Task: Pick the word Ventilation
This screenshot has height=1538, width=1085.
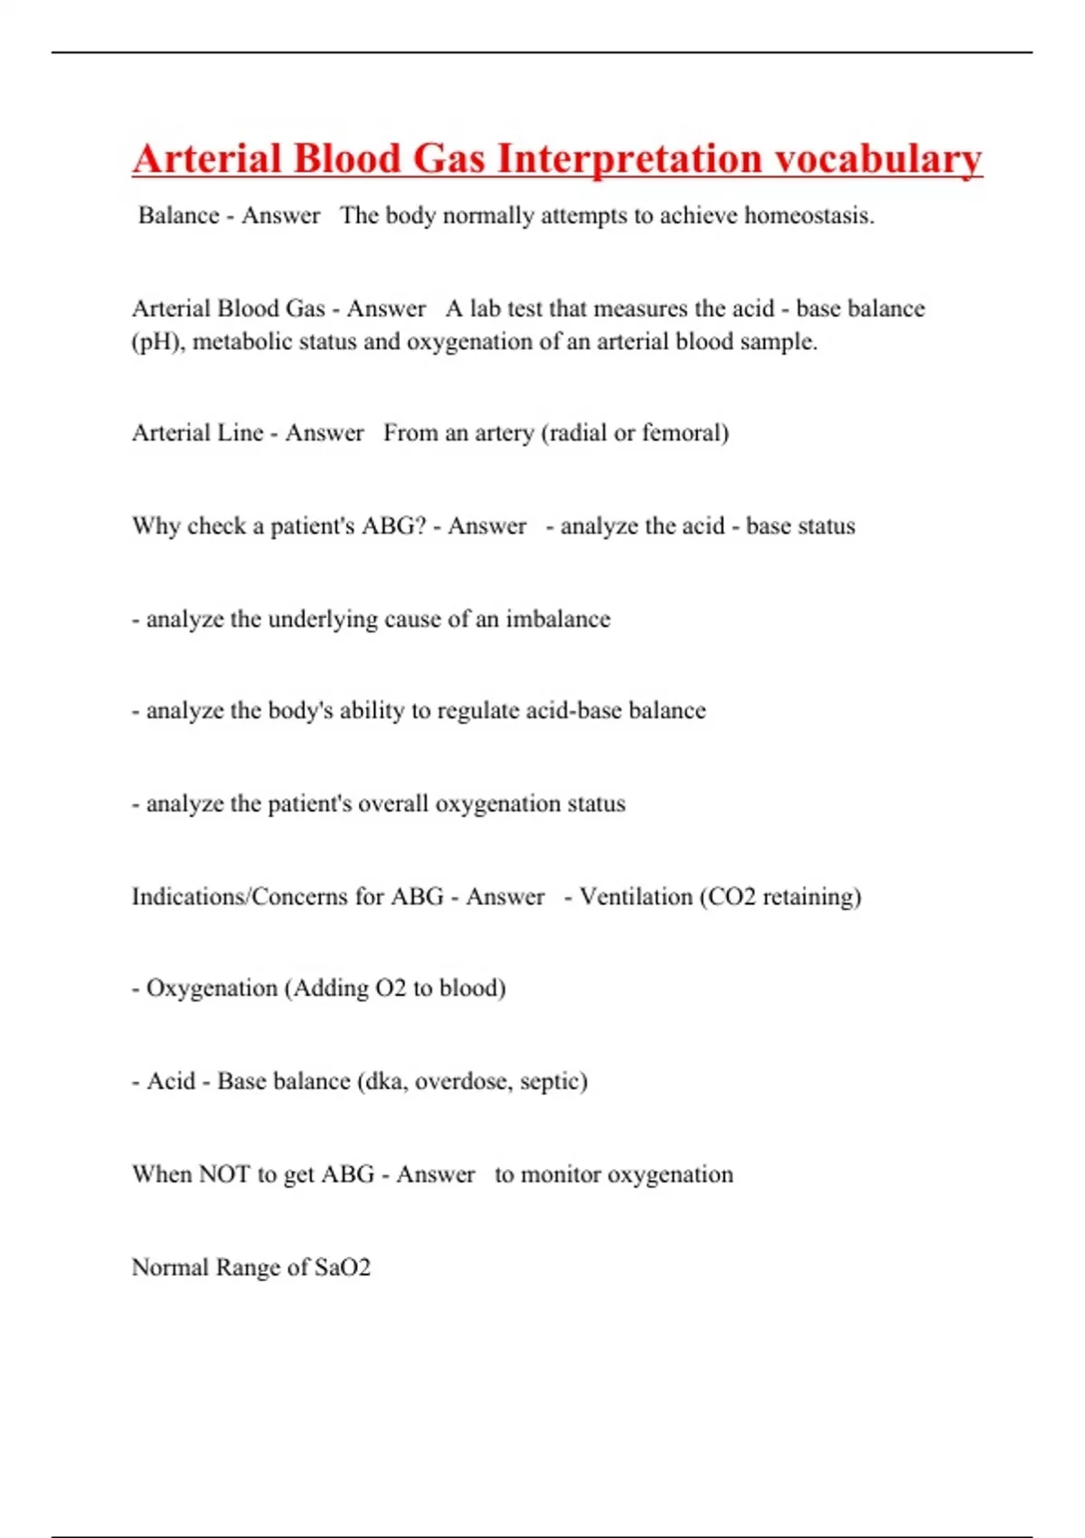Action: (x=636, y=897)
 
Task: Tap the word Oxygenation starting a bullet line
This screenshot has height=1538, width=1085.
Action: (x=212, y=988)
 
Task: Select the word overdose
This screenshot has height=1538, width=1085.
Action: (x=463, y=1081)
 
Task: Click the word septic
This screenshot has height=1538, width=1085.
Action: (x=553, y=1081)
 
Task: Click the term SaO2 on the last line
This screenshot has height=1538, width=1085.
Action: (x=342, y=1267)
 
